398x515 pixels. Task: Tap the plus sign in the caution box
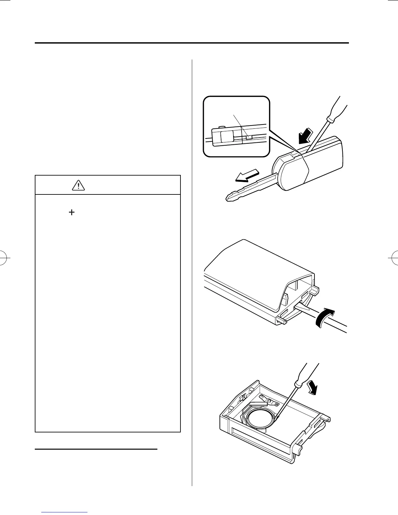point(71,212)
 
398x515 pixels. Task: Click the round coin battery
point(260,420)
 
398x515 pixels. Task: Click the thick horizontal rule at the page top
point(192,43)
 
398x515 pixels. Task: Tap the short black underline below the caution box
point(96,449)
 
